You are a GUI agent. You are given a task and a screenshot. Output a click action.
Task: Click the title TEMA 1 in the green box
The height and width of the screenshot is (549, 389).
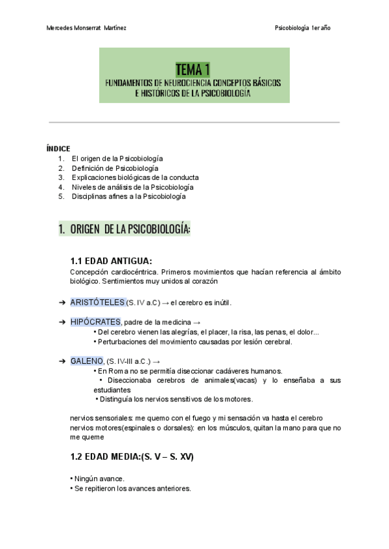[193, 69]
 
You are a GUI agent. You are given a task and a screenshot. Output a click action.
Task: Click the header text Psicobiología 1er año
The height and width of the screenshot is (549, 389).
[303, 28]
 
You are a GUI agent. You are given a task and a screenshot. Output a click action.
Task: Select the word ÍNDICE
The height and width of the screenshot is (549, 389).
[58, 148]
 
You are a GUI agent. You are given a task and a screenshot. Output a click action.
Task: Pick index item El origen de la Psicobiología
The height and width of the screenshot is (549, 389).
[117, 158]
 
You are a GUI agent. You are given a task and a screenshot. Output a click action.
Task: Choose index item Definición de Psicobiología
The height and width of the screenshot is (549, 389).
[115, 168]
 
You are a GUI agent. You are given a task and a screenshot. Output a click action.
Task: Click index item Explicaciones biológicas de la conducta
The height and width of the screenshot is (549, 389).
[135, 177]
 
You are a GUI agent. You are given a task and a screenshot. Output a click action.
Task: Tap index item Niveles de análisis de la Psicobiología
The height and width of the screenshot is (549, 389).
[132, 186]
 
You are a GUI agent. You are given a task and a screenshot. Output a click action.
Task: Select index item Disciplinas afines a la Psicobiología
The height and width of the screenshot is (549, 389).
[128, 196]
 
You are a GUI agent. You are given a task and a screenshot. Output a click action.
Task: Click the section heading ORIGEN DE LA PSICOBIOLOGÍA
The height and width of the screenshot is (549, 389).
[129, 229]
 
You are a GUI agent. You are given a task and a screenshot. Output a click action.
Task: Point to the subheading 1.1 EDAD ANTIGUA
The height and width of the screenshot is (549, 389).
[111, 261]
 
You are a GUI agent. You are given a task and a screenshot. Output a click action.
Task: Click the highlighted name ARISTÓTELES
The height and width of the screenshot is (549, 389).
[97, 302]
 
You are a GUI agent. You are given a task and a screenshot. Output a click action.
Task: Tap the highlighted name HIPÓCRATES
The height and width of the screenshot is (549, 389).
[95, 322]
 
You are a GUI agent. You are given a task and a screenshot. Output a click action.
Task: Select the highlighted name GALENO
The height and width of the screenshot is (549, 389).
[87, 361]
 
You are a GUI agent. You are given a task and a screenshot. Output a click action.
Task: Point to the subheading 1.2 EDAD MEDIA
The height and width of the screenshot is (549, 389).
[132, 456]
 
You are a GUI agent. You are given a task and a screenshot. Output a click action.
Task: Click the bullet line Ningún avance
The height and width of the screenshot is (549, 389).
[98, 479]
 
